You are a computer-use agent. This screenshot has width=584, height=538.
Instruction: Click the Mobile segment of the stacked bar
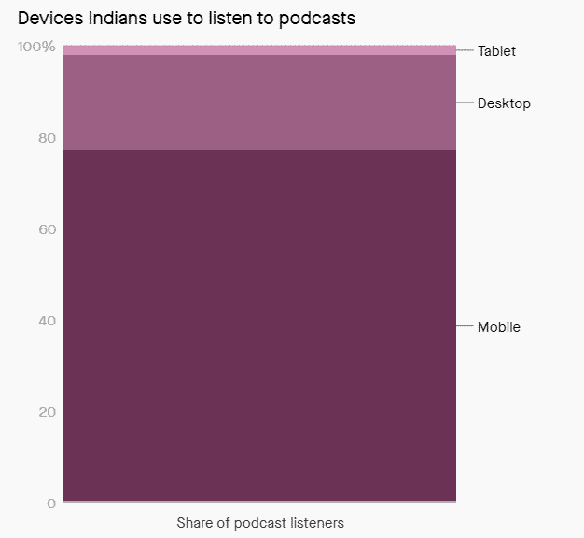tap(259, 325)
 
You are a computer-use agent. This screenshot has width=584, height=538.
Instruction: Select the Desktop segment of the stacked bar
tap(259, 103)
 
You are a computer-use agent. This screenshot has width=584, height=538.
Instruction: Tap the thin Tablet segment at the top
tap(259, 50)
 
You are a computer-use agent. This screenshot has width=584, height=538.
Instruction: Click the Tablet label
tap(496, 51)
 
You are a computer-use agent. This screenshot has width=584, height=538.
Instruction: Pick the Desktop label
tap(504, 103)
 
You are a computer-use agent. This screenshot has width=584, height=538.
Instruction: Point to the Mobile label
tap(498, 327)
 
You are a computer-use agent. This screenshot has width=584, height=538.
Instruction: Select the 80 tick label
tap(47, 138)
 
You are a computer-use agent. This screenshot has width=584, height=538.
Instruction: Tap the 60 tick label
tap(47, 229)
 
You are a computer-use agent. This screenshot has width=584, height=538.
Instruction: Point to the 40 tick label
tap(47, 321)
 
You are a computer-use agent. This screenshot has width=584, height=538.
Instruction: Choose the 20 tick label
tap(47, 412)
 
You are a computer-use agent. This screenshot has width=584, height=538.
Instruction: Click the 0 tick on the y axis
tap(51, 504)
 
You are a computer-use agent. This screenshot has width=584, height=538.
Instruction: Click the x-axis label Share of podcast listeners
tap(260, 523)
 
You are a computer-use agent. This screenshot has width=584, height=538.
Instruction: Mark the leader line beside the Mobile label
tap(465, 326)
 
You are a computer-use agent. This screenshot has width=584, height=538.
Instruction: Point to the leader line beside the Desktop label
tap(465, 103)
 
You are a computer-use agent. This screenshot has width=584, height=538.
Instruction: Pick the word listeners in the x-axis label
tap(313, 523)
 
